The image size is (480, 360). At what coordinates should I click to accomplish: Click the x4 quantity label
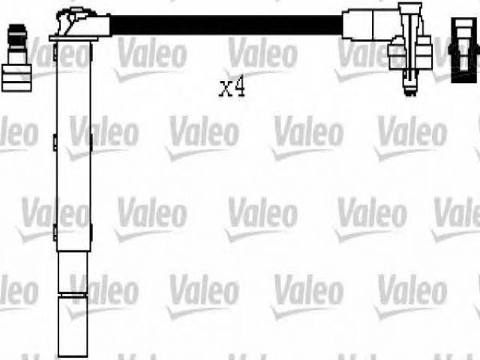(232, 87)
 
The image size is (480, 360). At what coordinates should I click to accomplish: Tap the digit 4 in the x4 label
(240, 86)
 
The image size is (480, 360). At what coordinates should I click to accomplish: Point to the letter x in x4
(225, 88)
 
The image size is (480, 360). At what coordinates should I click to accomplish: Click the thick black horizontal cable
(226, 25)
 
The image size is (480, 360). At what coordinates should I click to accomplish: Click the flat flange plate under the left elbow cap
(73, 38)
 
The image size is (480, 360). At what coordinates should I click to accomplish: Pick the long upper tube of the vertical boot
(73, 146)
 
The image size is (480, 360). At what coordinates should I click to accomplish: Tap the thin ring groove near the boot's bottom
(73, 295)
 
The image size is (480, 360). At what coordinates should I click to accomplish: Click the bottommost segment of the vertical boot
(73, 327)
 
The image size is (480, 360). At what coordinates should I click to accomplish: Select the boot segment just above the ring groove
(73, 272)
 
